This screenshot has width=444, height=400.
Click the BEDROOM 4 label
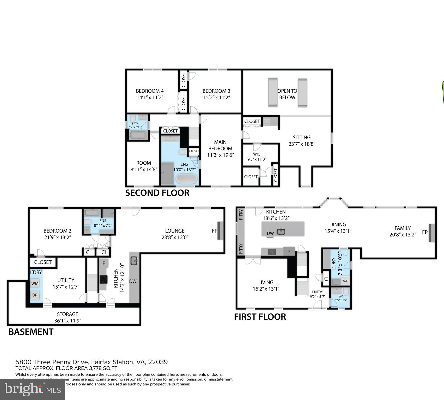[x=150, y=91]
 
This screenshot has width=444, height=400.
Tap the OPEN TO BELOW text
[x=287, y=94]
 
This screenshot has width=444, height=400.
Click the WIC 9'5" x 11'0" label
[x=257, y=157]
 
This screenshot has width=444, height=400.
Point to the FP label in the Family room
[x=425, y=232]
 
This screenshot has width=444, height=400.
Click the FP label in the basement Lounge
[x=215, y=231]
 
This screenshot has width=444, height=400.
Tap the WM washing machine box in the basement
[x=35, y=283]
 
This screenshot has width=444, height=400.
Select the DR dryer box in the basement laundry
[x=35, y=295]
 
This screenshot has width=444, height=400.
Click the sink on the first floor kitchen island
[x=281, y=231]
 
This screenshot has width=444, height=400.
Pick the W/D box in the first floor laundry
[x=345, y=281]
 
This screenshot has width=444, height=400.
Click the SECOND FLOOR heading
[x=157, y=193]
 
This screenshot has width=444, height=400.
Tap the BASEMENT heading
[x=31, y=332]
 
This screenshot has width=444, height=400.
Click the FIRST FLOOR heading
[x=260, y=317]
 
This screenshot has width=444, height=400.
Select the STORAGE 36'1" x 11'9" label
[x=68, y=317]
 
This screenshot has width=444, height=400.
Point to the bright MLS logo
[x=33, y=389]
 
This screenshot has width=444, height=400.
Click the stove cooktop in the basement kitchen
[x=104, y=279]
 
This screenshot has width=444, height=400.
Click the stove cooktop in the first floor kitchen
[x=272, y=252]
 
